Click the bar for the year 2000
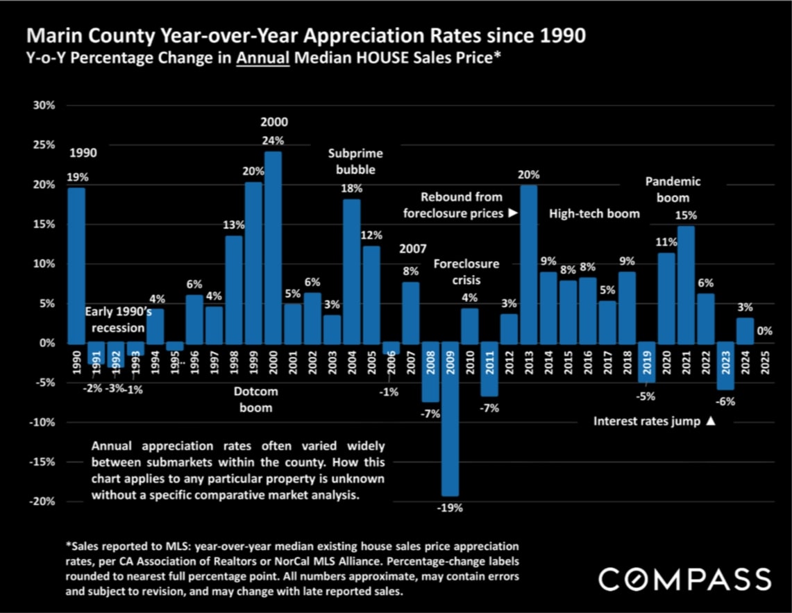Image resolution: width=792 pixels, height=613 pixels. click(273, 247)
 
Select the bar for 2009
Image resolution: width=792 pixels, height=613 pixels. click(450, 419)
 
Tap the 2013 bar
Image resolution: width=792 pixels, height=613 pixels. click(528, 264)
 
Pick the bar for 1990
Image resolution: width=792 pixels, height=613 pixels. click(76, 266)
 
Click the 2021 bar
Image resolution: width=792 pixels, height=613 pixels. click(686, 285)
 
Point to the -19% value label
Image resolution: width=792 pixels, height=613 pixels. click(450, 508)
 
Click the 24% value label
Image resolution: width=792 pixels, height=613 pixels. click(273, 140)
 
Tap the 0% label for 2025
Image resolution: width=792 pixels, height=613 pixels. click(764, 331)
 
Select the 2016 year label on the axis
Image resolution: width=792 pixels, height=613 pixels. click(588, 360)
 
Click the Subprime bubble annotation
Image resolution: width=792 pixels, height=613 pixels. click(355, 162)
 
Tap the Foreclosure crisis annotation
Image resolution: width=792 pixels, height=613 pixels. click(466, 272)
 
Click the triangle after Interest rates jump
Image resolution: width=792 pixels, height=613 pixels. click(710, 421)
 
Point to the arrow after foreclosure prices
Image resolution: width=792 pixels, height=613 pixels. click(513, 214)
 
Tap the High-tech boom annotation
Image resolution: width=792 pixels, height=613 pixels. click(594, 214)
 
